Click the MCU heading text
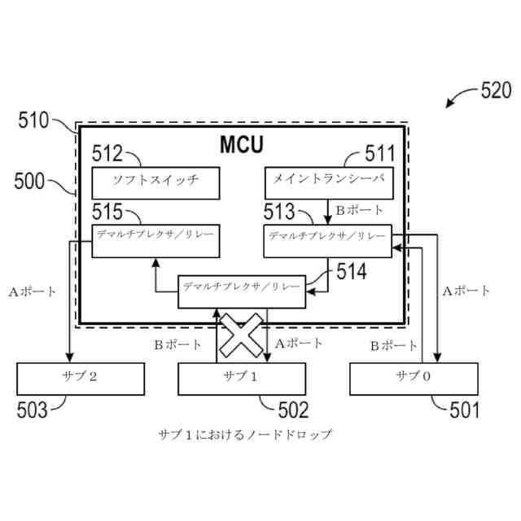click(x=242, y=145)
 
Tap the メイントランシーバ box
click(x=329, y=183)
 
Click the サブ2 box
click(x=81, y=378)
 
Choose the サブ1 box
click(x=242, y=378)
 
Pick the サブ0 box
click(x=413, y=378)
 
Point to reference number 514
click(x=351, y=271)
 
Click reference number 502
click(x=293, y=409)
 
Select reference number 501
click(x=465, y=409)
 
